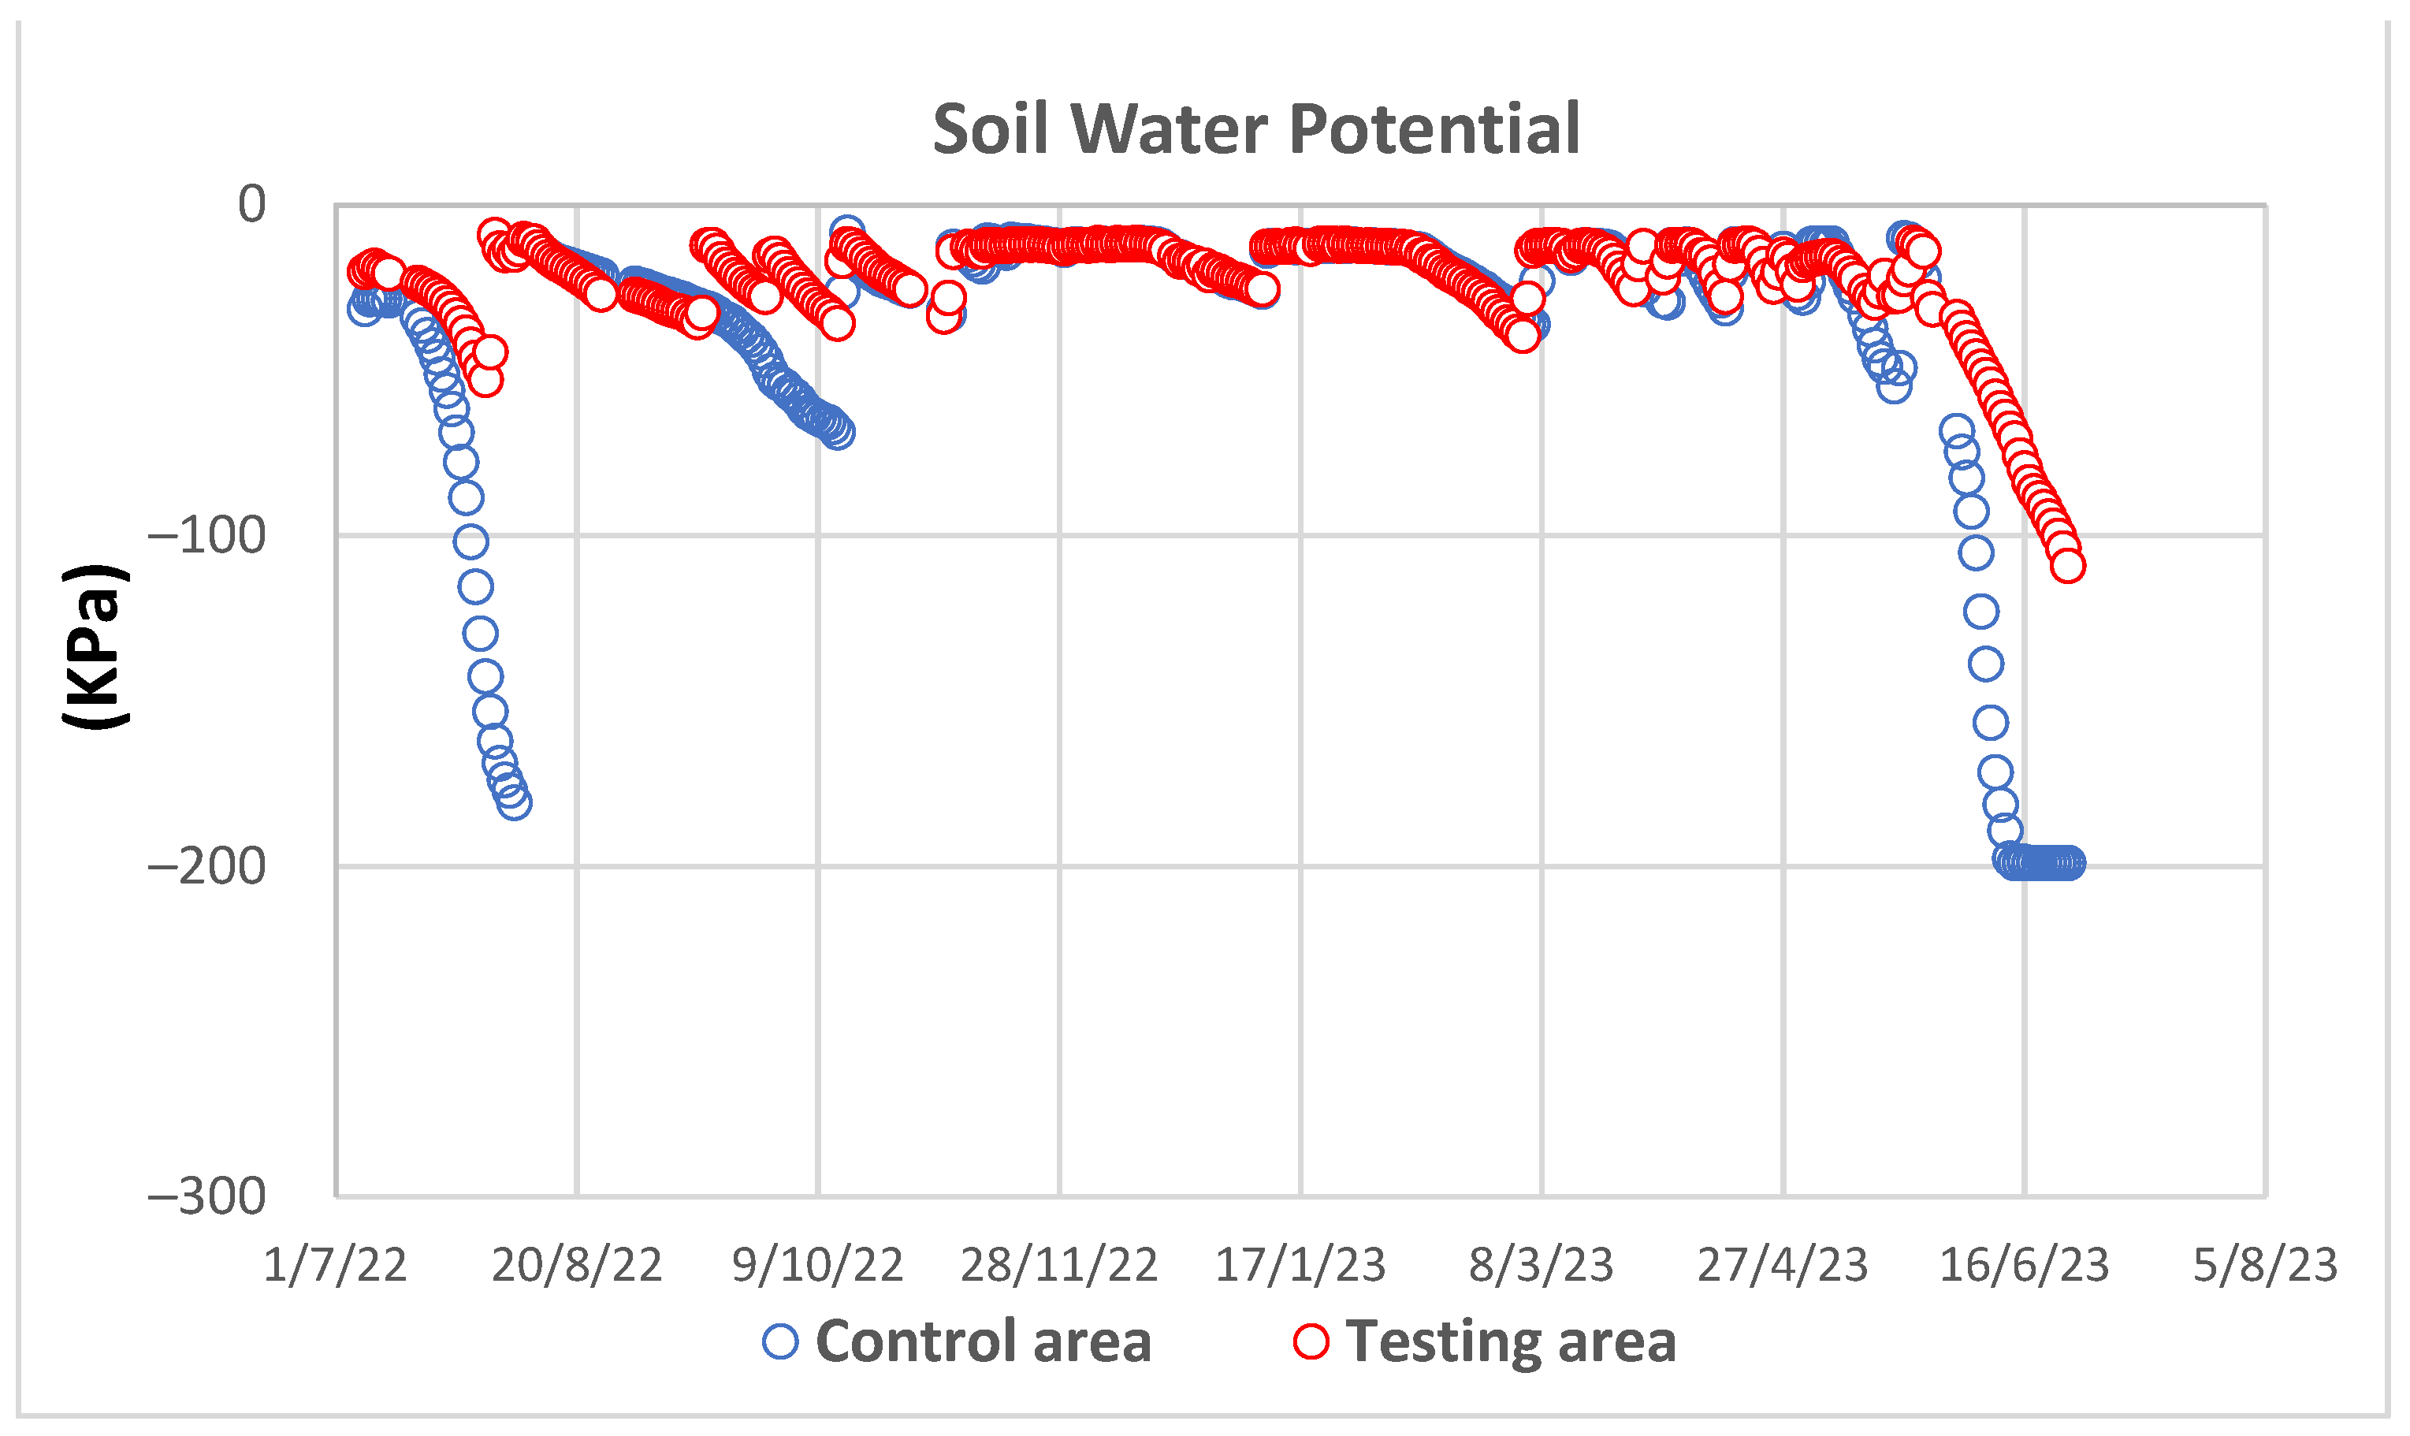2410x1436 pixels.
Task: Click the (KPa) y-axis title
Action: point(94,646)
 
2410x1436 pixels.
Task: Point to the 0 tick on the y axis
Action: point(251,204)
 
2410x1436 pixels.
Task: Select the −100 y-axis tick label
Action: point(207,535)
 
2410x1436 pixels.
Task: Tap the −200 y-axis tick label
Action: point(207,865)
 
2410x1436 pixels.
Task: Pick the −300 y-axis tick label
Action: point(207,1196)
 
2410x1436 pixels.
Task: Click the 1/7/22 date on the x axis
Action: point(335,1265)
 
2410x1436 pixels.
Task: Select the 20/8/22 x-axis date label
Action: point(577,1265)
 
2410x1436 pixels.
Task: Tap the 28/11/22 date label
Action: point(1058,1265)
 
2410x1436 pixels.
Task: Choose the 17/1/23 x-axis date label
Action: point(1300,1265)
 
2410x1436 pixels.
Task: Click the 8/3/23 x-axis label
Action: point(1542,1265)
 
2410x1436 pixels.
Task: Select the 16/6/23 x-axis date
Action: point(2024,1265)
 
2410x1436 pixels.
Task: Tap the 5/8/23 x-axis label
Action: point(2265,1265)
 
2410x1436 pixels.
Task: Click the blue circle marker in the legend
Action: point(779,1342)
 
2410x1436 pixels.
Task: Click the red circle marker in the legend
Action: point(1311,1342)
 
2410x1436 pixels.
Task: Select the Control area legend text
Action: point(983,1342)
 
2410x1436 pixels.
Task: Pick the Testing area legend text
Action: point(1510,1342)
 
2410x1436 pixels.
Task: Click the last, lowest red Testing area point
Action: point(2066,565)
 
